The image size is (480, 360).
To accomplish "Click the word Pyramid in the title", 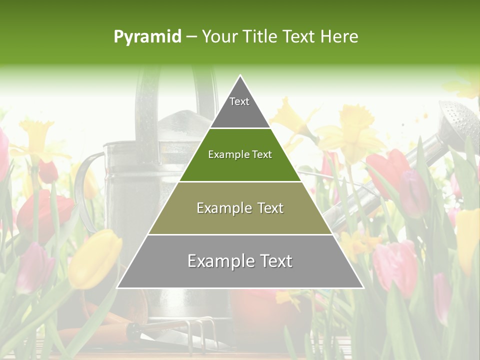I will (x=147, y=37).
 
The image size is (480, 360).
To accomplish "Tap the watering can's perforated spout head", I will (x=457, y=120).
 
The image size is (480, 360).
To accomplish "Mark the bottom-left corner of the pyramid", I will (x=118, y=287).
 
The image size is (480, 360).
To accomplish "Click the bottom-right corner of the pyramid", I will (x=363, y=287).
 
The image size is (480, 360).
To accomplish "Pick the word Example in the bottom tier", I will (x=216, y=261).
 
